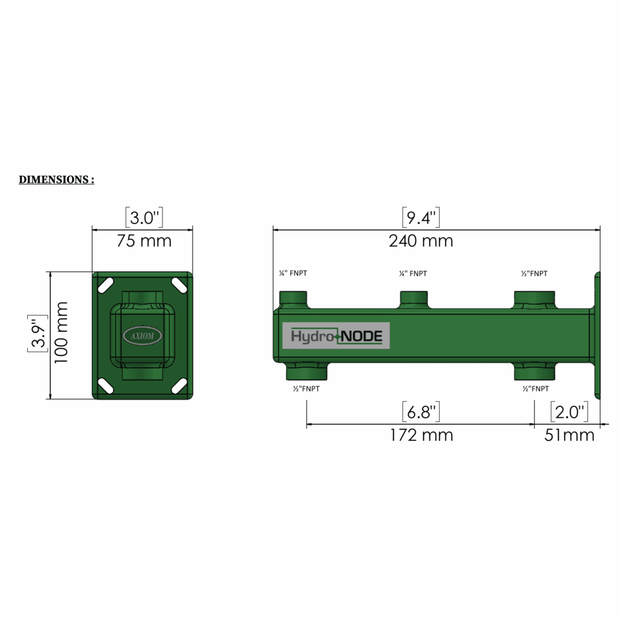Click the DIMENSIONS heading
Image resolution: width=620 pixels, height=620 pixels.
(56, 180)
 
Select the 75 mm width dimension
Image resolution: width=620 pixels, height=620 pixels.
(143, 241)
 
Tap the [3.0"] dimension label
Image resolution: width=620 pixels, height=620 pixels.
(143, 217)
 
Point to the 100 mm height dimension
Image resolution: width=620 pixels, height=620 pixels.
(62, 332)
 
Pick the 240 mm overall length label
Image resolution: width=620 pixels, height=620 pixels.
(420, 241)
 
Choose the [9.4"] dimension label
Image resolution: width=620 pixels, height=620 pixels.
(420, 217)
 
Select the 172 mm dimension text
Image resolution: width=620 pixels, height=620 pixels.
(420, 435)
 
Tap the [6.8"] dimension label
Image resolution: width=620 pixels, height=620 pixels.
(420, 412)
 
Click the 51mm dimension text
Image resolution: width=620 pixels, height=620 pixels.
(569, 435)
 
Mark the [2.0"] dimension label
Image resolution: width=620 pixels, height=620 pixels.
(569, 412)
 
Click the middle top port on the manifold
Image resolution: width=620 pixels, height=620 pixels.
(415, 298)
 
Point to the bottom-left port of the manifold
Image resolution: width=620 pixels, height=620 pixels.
(306, 371)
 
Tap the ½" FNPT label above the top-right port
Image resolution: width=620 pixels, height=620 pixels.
(534, 274)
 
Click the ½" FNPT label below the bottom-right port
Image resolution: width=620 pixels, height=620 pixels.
(535, 389)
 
